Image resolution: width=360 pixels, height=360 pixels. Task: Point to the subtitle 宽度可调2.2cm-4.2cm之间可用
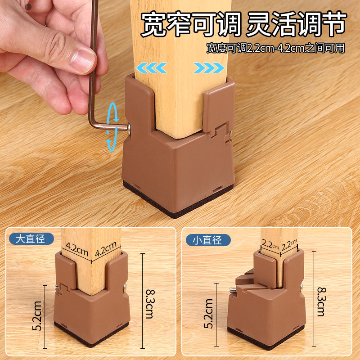click(x=275, y=48)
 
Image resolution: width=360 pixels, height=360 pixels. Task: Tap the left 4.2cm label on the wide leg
click(x=76, y=247)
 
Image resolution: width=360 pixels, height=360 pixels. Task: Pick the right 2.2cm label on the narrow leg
click(x=289, y=246)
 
